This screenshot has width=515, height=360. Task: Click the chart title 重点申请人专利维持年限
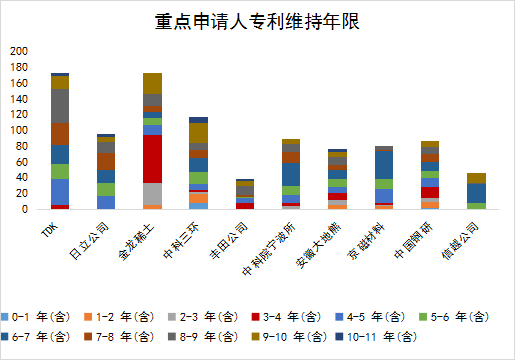point(257,22)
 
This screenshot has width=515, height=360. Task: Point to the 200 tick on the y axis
point(18,51)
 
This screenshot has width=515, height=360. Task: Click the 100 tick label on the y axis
point(18,130)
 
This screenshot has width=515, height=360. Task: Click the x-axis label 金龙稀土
point(137,241)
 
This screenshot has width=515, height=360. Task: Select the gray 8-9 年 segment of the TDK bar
point(60,106)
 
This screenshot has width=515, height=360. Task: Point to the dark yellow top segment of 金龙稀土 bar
point(153,83)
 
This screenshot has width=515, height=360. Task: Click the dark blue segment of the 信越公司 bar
point(477,192)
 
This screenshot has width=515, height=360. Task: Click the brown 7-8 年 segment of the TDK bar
point(60,134)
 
